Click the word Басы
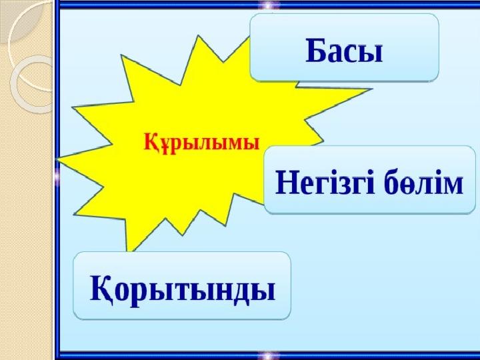point(344,51)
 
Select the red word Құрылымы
point(202,143)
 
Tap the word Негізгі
point(325,183)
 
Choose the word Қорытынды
point(183,289)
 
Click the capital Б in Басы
point(316,51)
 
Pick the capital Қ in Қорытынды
point(102,289)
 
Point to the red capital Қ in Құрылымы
point(151,143)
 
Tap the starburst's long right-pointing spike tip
point(371,89)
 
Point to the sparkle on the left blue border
point(57,177)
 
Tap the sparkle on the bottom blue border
point(269,355)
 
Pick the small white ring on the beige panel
point(31,84)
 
